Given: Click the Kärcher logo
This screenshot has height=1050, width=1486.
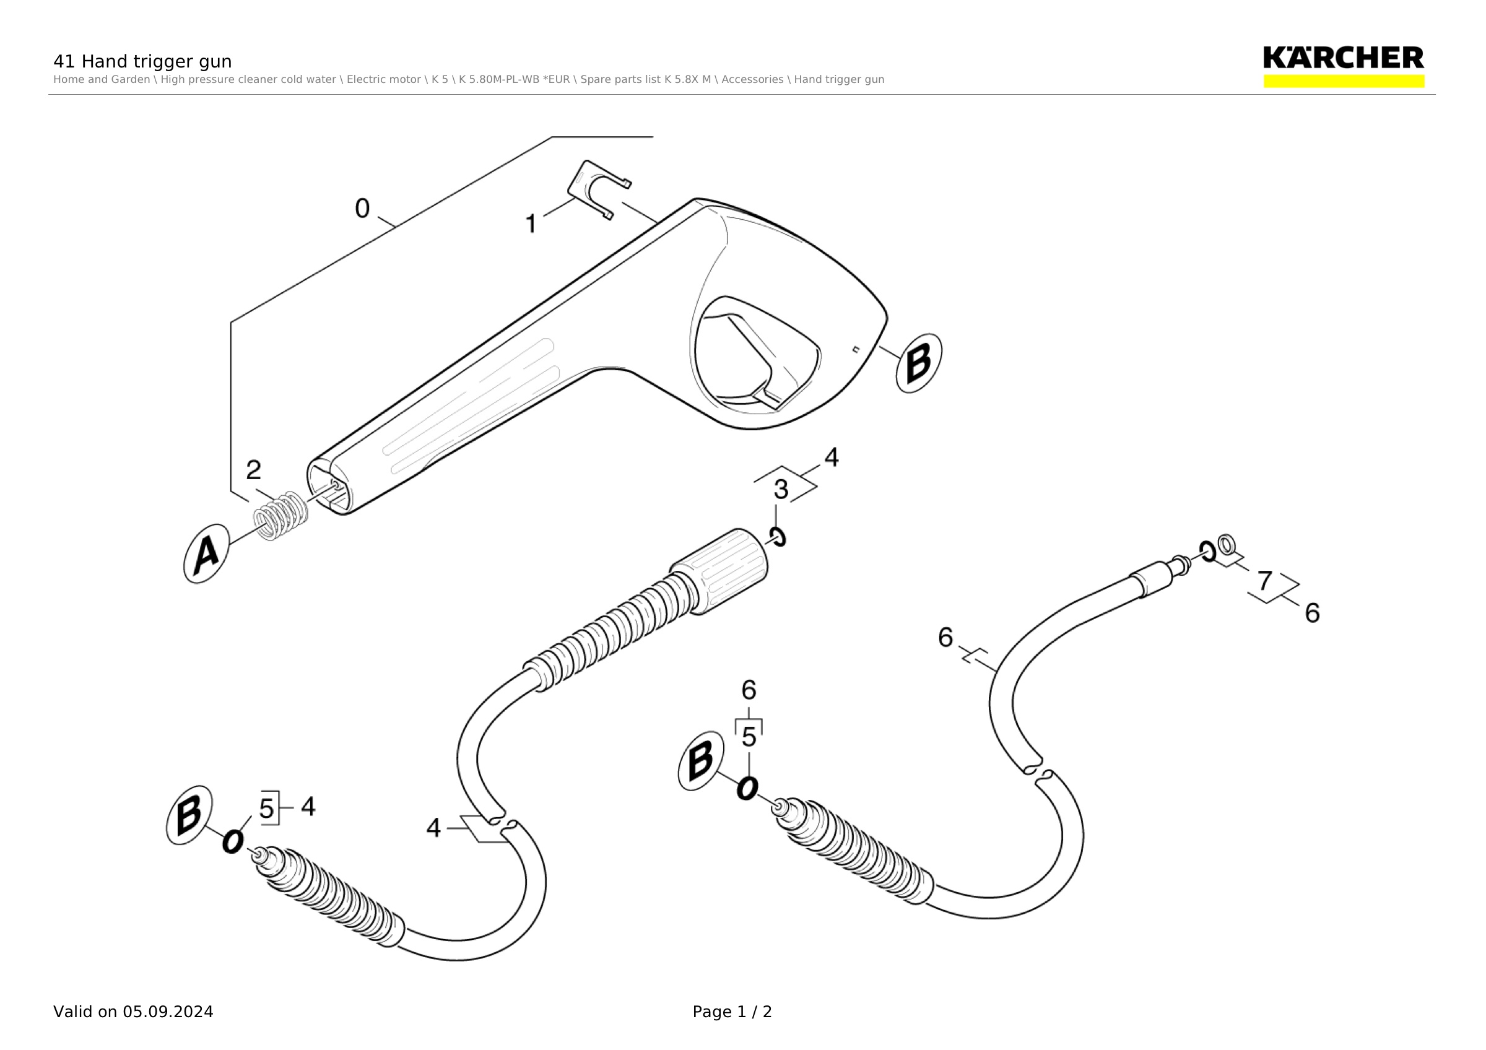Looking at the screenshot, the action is pyautogui.click(x=1344, y=67).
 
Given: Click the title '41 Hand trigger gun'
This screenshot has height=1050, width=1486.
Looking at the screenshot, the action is pyautogui.click(x=142, y=61).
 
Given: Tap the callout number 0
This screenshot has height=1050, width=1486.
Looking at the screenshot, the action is pyautogui.click(x=362, y=208).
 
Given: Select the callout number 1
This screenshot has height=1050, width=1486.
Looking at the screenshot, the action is pyautogui.click(x=531, y=224).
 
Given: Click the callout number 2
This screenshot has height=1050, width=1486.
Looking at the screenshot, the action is pyautogui.click(x=254, y=470).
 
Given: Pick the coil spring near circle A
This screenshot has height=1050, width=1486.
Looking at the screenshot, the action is pyautogui.click(x=281, y=516).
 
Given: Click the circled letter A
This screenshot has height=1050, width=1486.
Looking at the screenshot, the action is pyautogui.click(x=206, y=554).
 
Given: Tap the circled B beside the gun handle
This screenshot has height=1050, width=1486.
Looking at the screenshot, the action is pyautogui.click(x=918, y=363).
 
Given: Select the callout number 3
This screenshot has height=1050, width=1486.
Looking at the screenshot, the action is pyautogui.click(x=781, y=490).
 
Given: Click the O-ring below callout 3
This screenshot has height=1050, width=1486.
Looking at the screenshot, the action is pyautogui.click(x=777, y=536).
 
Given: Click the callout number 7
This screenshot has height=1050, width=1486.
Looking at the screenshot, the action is pyautogui.click(x=1265, y=581).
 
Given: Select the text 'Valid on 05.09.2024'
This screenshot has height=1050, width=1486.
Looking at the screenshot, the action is pyautogui.click(x=133, y=1012).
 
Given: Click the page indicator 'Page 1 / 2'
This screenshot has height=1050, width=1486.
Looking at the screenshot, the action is pyautogui.click(x=732, y=1012).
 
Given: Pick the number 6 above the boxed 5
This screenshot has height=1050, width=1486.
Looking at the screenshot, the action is pyautogui.click(x=749, y=690).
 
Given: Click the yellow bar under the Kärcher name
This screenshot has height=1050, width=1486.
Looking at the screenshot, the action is pyautogui.click(x=1344, y=82).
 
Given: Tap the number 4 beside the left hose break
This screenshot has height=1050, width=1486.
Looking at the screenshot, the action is pyautogui.click(x=433, y=828).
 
